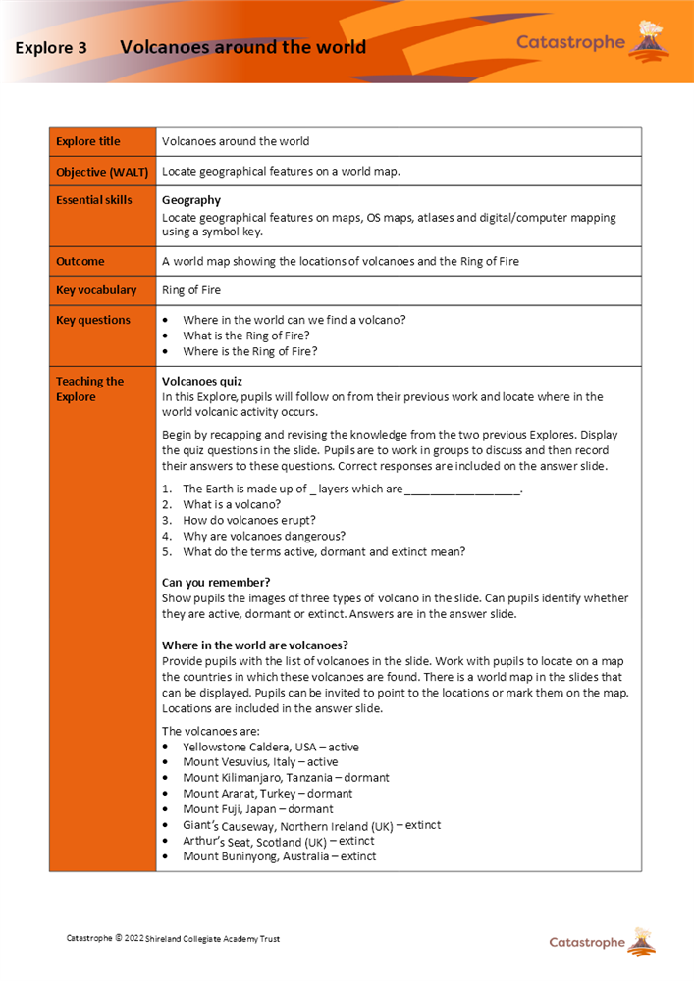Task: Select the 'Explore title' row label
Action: coord(88,142)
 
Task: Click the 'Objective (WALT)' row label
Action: coord(102,172)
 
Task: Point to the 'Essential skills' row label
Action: coord(94,200)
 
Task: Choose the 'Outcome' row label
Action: coord(80,262)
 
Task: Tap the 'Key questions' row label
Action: coord(93,320)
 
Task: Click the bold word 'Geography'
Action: coord(190,200)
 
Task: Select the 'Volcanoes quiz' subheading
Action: coord(202,382)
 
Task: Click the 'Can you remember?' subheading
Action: coord(216,583)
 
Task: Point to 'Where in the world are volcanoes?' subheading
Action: coord(254,645)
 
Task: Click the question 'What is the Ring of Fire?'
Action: coord(246,336)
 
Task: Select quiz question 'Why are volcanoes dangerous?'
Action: coord(264,536)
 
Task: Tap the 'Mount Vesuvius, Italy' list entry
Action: coord(259,762)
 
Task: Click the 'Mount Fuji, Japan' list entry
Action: coord(257,809)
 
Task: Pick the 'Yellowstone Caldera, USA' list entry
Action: coord(270,747)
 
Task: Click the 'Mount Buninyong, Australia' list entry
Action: coord(279,856)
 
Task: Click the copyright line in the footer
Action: coord(173,939)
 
